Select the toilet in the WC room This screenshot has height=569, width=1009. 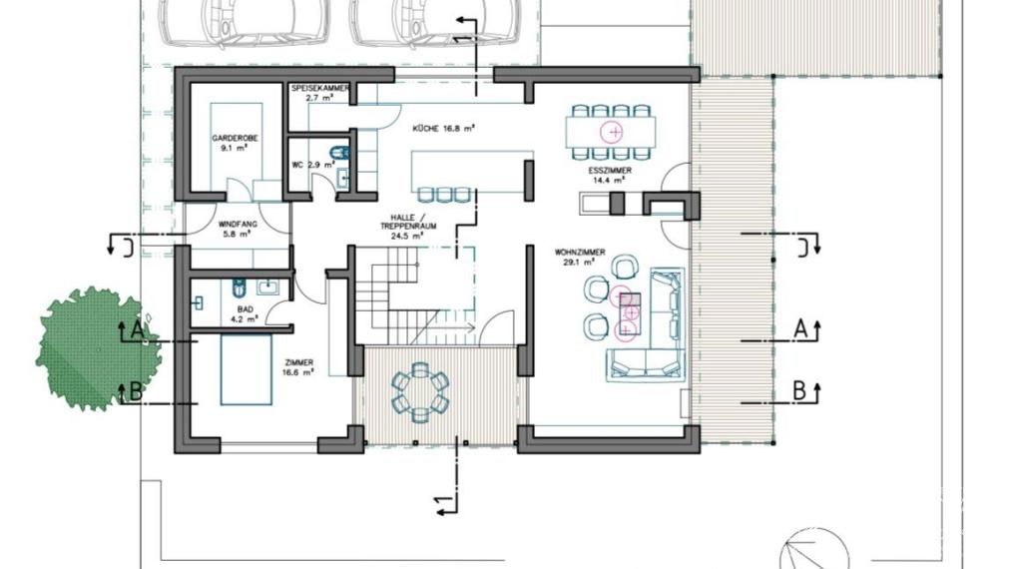click(x=339, y=153)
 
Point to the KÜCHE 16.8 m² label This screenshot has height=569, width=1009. click(x=443, y=129)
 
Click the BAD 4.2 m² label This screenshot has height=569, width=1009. click(x=248, y=313)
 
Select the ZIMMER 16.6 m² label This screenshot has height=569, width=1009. click(x=298, y=367)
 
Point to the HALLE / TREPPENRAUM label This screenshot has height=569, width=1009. click(x=408, y=226)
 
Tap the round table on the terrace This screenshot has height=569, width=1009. click(x=420, y=392)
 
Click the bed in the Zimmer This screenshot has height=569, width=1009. click(x=246, y=369)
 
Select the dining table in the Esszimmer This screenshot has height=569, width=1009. click(x=611, y=132)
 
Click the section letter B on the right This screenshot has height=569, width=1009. click(x=799, y=390)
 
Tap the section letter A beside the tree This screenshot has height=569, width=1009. click(x=137, y=330)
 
